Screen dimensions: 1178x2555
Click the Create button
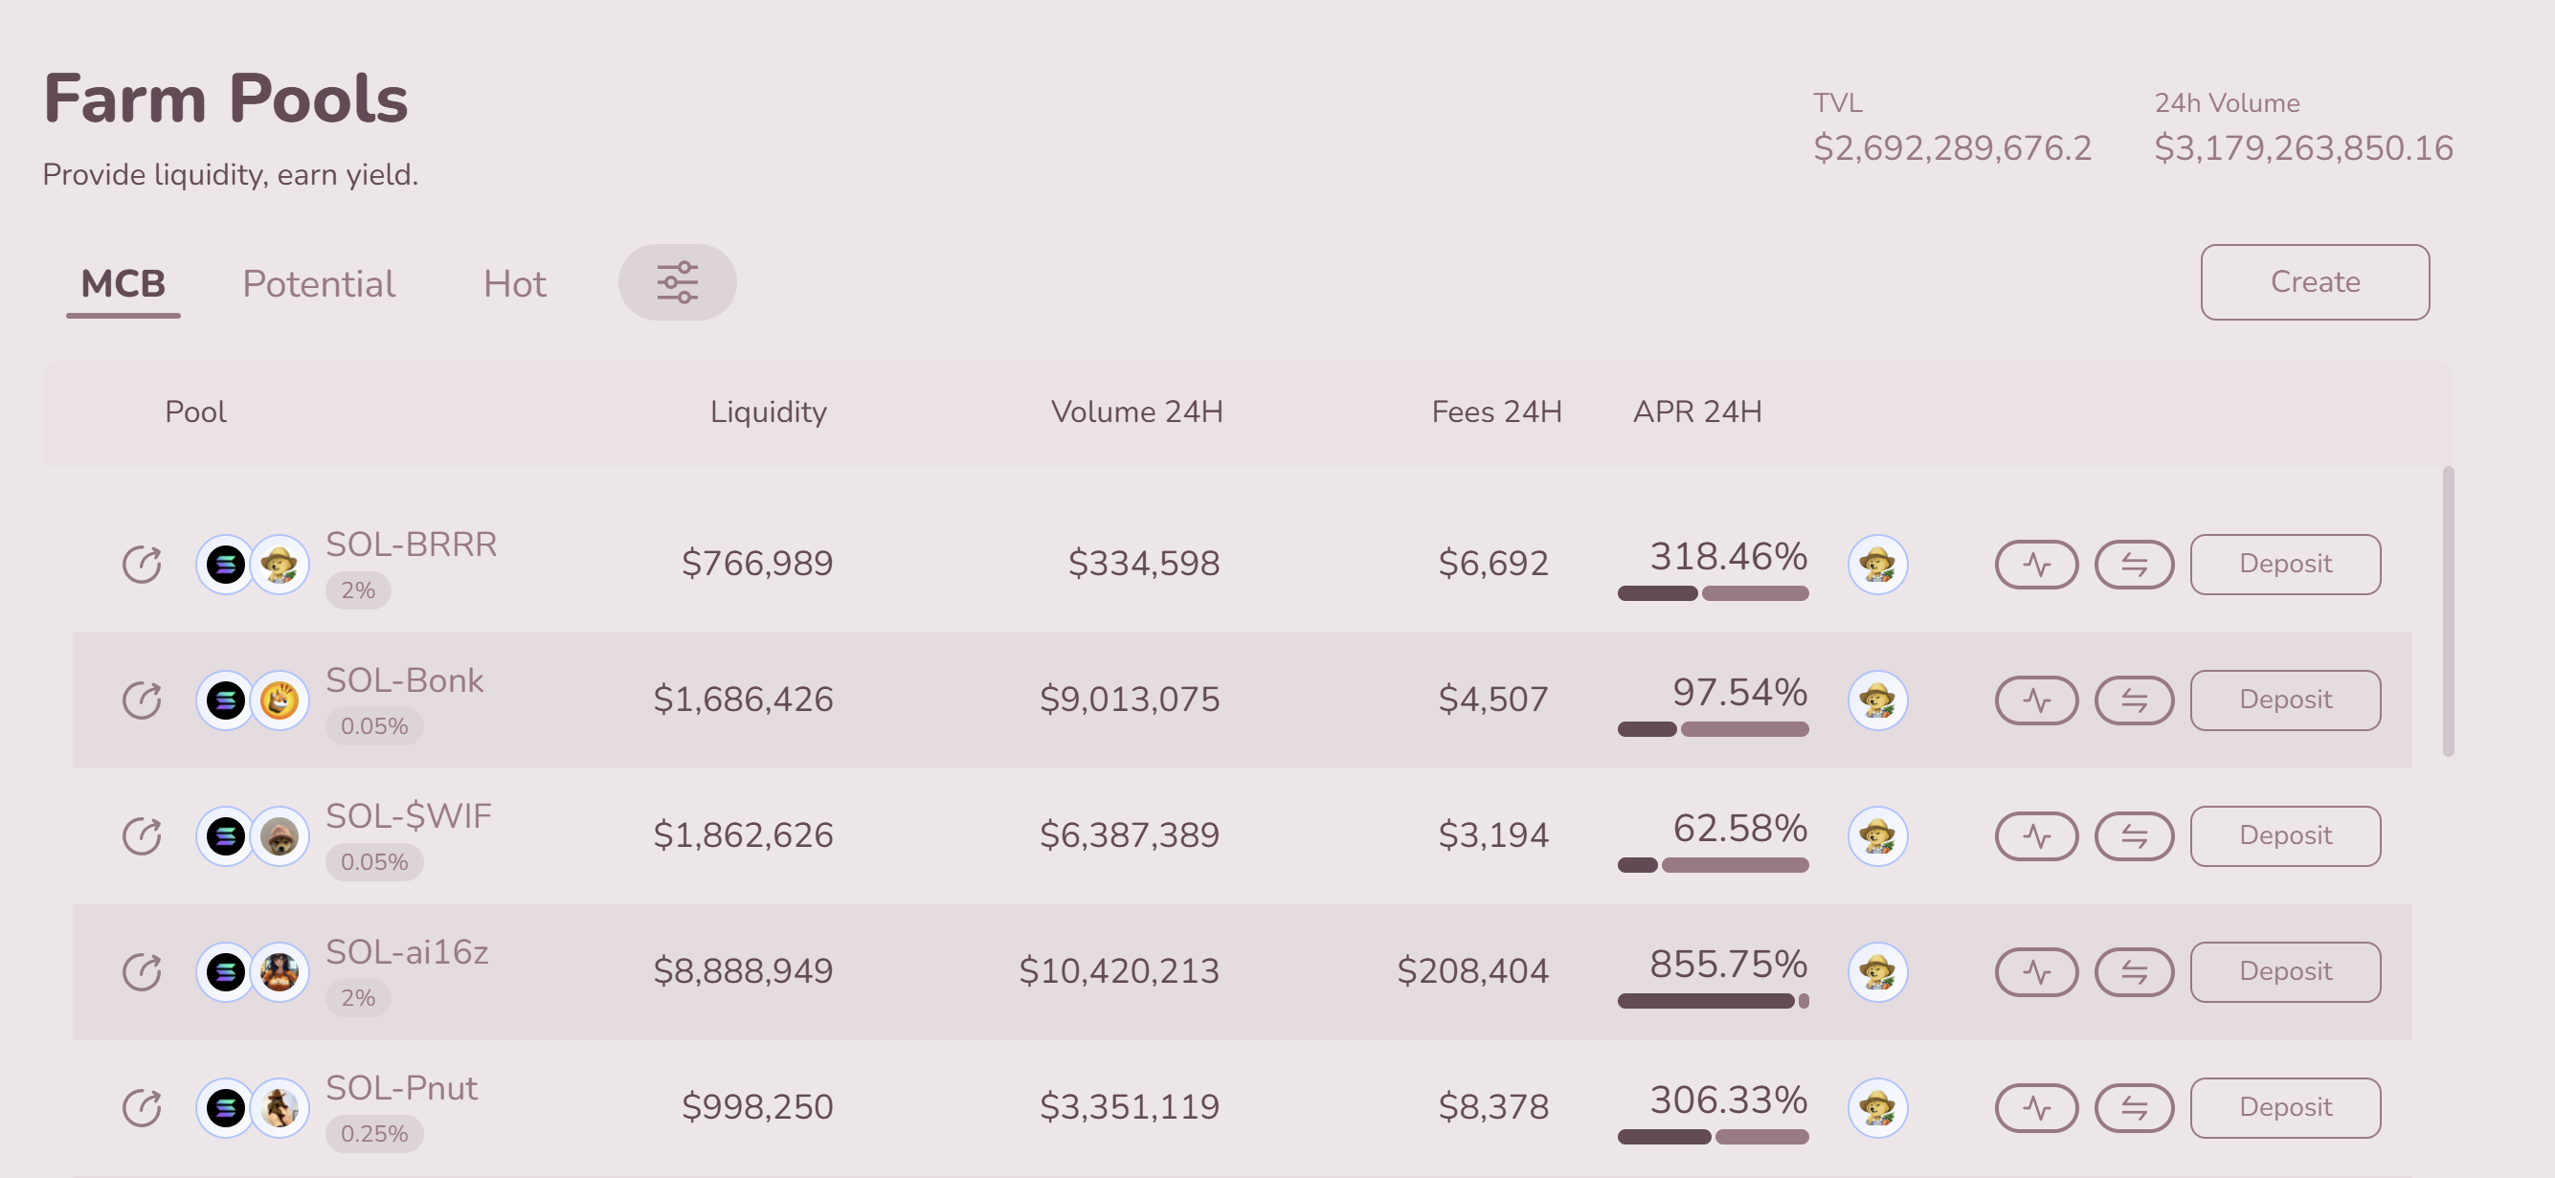point(2314,282)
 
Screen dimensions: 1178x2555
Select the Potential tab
point(319,284)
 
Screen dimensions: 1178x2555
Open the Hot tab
point(514,284)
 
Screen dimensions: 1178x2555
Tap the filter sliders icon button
point(678,282)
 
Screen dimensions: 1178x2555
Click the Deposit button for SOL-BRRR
point(2284,565)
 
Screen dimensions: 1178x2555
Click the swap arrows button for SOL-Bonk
point(2134,701)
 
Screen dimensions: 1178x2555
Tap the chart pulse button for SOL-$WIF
point(2036,837)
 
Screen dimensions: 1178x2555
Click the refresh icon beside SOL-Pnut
point(142,1107)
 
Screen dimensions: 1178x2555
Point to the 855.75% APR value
point(1727,964)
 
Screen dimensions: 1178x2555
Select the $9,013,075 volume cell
point(1129,700)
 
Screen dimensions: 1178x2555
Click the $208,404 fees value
point(1472,971)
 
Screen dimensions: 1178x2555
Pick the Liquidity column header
point(768,412)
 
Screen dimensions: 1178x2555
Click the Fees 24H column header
point(1495,412)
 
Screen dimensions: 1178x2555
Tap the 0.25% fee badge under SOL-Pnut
point(374,1133)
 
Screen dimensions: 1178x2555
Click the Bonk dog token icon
point(280,701)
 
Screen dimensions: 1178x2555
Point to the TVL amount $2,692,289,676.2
point(1951,148)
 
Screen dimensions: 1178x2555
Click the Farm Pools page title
point(226,100)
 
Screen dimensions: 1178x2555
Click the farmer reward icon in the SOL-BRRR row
point(1876,566)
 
